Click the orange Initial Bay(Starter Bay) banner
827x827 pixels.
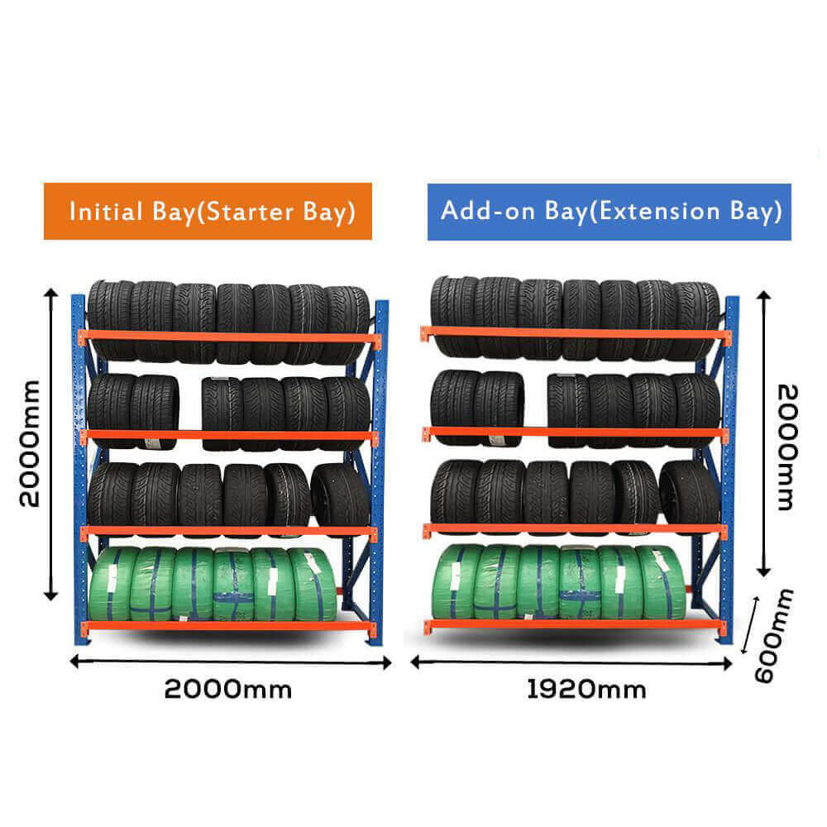coord(208,211)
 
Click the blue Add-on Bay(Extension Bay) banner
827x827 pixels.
coord(609,211)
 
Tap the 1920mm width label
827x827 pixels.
coord(586,689)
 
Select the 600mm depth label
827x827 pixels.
coord(775,635)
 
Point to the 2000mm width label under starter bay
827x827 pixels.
coord(228,689)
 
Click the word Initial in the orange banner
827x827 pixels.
coord(104,211)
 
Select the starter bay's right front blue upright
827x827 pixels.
coord(380,471)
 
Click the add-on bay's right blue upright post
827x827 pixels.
coord(729,471)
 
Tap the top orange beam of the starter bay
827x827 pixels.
coord(228,337)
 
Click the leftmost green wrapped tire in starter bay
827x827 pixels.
coord(112,583)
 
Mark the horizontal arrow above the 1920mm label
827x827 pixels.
coord(572,662)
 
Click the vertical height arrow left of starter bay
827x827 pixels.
coord(51,444)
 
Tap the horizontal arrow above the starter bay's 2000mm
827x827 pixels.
coord(230,662)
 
